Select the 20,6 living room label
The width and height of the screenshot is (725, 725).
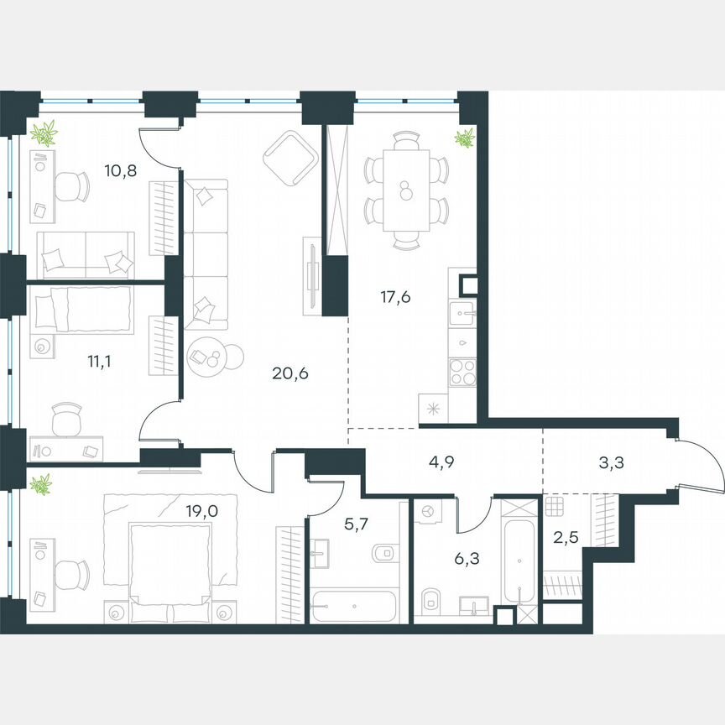pos(290,373)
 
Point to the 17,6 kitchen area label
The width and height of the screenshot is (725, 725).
pos(394,296)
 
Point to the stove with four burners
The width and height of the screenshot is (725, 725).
pos(462,370)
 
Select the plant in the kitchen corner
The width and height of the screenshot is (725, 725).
pos(464,138)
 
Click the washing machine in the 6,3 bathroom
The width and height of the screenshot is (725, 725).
pos(426,511)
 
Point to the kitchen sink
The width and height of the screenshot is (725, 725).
pos(461,315)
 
